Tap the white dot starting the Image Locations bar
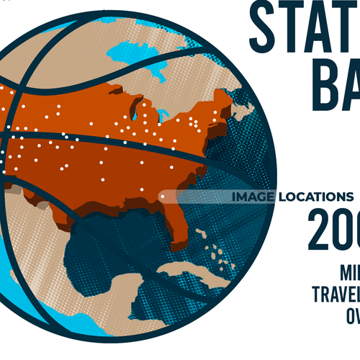point(163,194)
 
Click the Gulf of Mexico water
point(115,238)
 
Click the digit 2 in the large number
point(323,230)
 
